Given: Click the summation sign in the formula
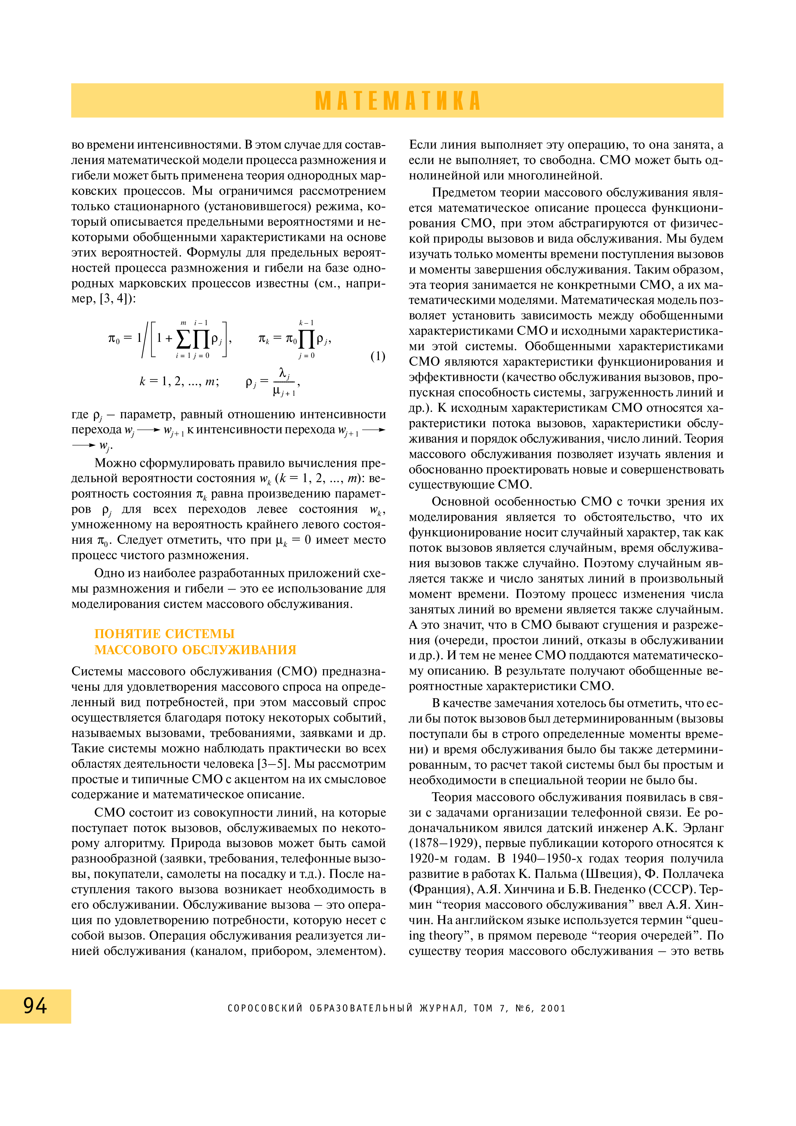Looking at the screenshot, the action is pyautogui.click(x=183, y=338).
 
